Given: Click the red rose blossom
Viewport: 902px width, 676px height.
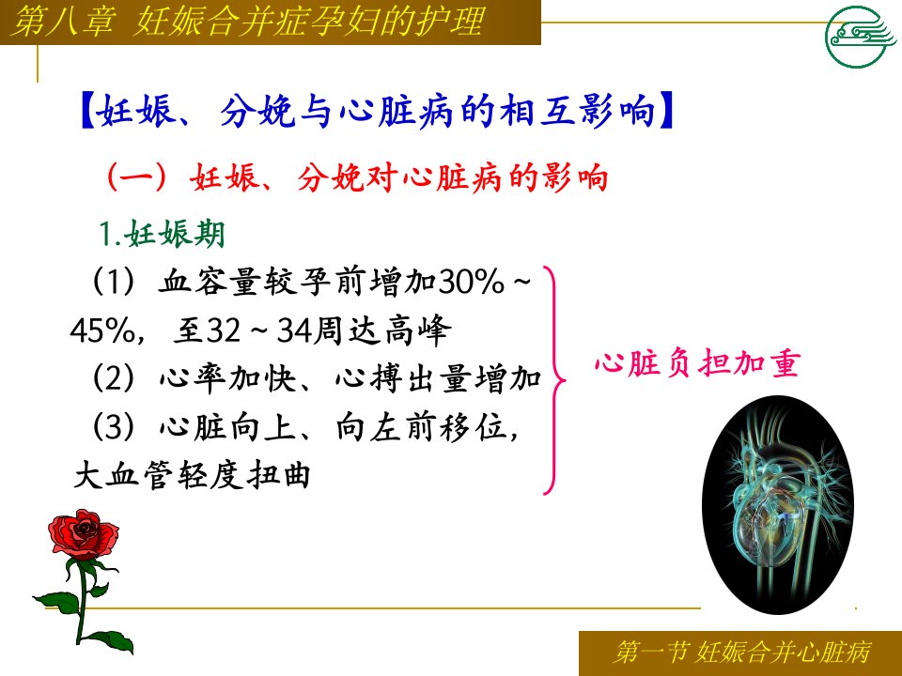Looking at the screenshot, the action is pyautogui.click(x=83, y=534).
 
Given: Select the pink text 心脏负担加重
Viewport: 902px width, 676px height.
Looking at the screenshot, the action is pyautogui.click(x=697, y=363).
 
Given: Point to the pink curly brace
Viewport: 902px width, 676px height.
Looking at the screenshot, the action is pyautogui.click(x=555, y=380).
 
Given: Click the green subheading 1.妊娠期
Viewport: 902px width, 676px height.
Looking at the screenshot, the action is pyautogui.click(x=162, y=234).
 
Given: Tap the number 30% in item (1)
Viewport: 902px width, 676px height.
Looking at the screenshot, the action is pyautogui.click(x=472, y=283).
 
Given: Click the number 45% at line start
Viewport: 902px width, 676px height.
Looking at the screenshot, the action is pyautogui.click(x=103, y=330).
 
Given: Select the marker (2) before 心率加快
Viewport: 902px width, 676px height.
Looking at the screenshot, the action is pyautogui.click(x=114, y=378).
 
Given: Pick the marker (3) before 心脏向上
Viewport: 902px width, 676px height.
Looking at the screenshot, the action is pyautogui.click(x=114, y=427).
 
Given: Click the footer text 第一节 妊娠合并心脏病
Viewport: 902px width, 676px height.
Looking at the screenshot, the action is pyautogui.click(x=742, y=652).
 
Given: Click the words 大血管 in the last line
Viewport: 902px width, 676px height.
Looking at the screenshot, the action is pyautogui.click(x=123, y=475).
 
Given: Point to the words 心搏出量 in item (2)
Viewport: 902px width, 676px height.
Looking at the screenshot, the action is pyautogui.click(x=403, y=378).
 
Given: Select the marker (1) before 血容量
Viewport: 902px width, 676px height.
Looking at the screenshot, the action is pyautogui.click(x=114, y=283).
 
